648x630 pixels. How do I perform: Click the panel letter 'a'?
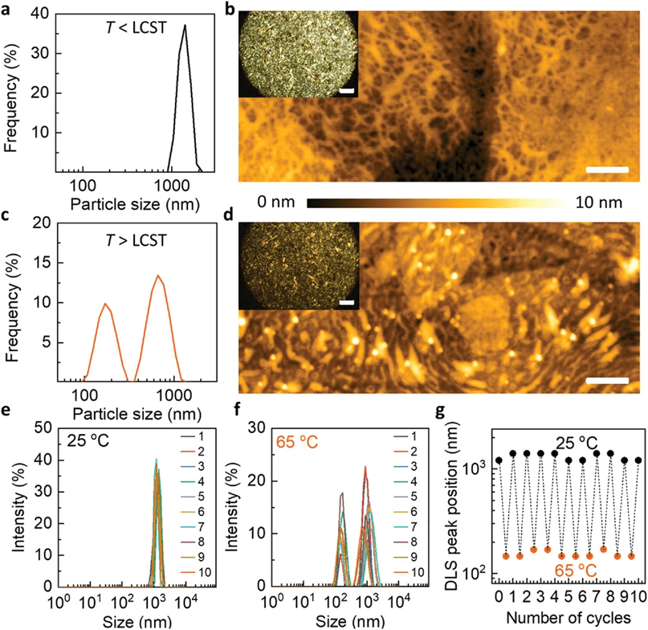coord(7,10)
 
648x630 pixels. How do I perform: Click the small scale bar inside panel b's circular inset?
coord(347,91)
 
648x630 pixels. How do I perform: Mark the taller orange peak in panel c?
coord(158,276)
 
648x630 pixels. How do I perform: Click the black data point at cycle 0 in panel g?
coord(499,460)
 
